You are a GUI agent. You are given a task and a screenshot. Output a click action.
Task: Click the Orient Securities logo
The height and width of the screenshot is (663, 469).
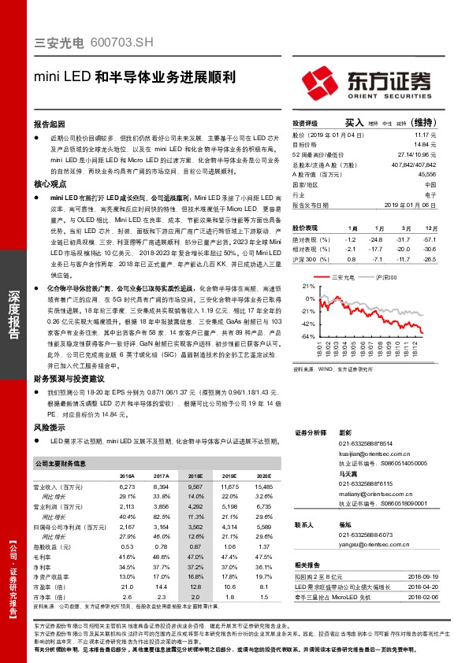[x=367, y=80]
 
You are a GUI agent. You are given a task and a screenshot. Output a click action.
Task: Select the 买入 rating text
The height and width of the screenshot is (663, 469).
[x=354, y=124]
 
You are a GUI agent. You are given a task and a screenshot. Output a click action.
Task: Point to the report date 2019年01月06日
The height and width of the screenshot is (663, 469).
[x=419, y=204]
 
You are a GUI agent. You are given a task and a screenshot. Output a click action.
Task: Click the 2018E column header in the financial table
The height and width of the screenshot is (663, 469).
[x=195, y=476]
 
